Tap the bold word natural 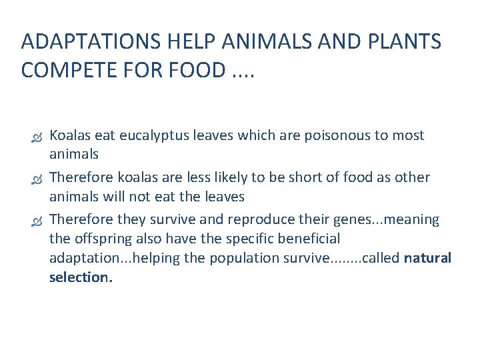[x=428, y=258]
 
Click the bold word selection [x=81, y=277]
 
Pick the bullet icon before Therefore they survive [x=37, y=220]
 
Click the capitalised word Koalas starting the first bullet [x=70, y=136]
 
